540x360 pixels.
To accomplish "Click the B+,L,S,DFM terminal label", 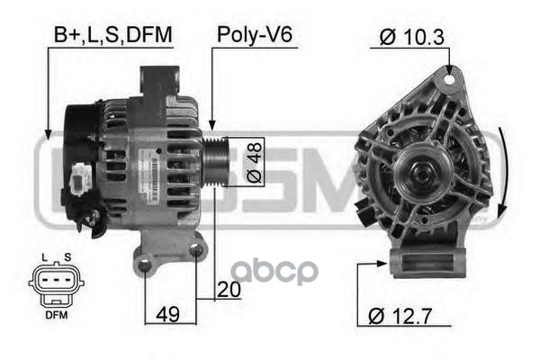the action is [113, 35].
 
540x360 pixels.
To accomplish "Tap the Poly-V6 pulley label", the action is [255, 35].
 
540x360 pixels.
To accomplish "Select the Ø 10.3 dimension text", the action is [412, 37].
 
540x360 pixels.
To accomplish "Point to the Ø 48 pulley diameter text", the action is [255, 162].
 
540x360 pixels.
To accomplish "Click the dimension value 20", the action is [229, 290].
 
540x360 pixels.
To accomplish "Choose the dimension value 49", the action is [167, 314].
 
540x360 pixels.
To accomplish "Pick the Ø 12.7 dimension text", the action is [400, 316].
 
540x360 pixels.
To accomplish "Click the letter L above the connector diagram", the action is [44, 257].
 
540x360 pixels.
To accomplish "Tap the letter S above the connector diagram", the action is [67, 257].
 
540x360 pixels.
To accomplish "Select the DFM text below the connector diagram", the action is [57, 315].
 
